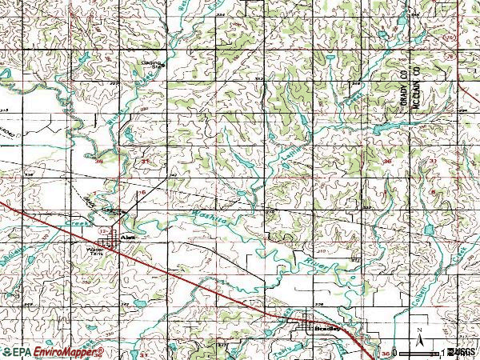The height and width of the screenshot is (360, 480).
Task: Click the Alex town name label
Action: coord(124,238)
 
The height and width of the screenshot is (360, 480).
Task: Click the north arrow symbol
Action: coord(418,330)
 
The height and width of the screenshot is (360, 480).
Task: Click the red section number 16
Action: coord(142,193)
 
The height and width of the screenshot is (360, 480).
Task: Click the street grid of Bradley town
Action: coord(306,322)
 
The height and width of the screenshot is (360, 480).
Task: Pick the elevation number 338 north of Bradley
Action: coord(319,304)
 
